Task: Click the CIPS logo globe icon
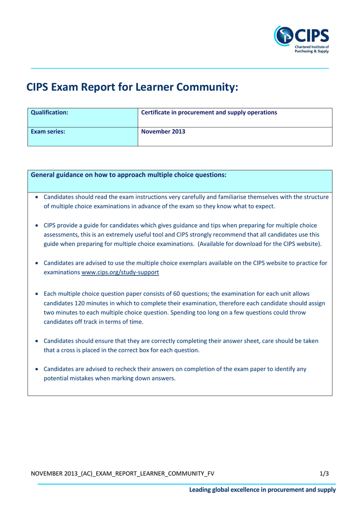tap(284, 36)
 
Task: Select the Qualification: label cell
tap(82, 118)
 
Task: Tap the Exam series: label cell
tap(82, 136)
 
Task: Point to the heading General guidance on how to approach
tap(129, 175)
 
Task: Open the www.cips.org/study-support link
tap(120, 273)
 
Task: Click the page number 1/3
tap(324, 474)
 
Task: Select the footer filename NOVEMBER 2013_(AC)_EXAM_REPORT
tap(123, 474)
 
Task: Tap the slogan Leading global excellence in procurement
tap(262, 490)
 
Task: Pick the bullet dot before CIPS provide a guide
tap(38, 226)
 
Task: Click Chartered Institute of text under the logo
tap(311, 47)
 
